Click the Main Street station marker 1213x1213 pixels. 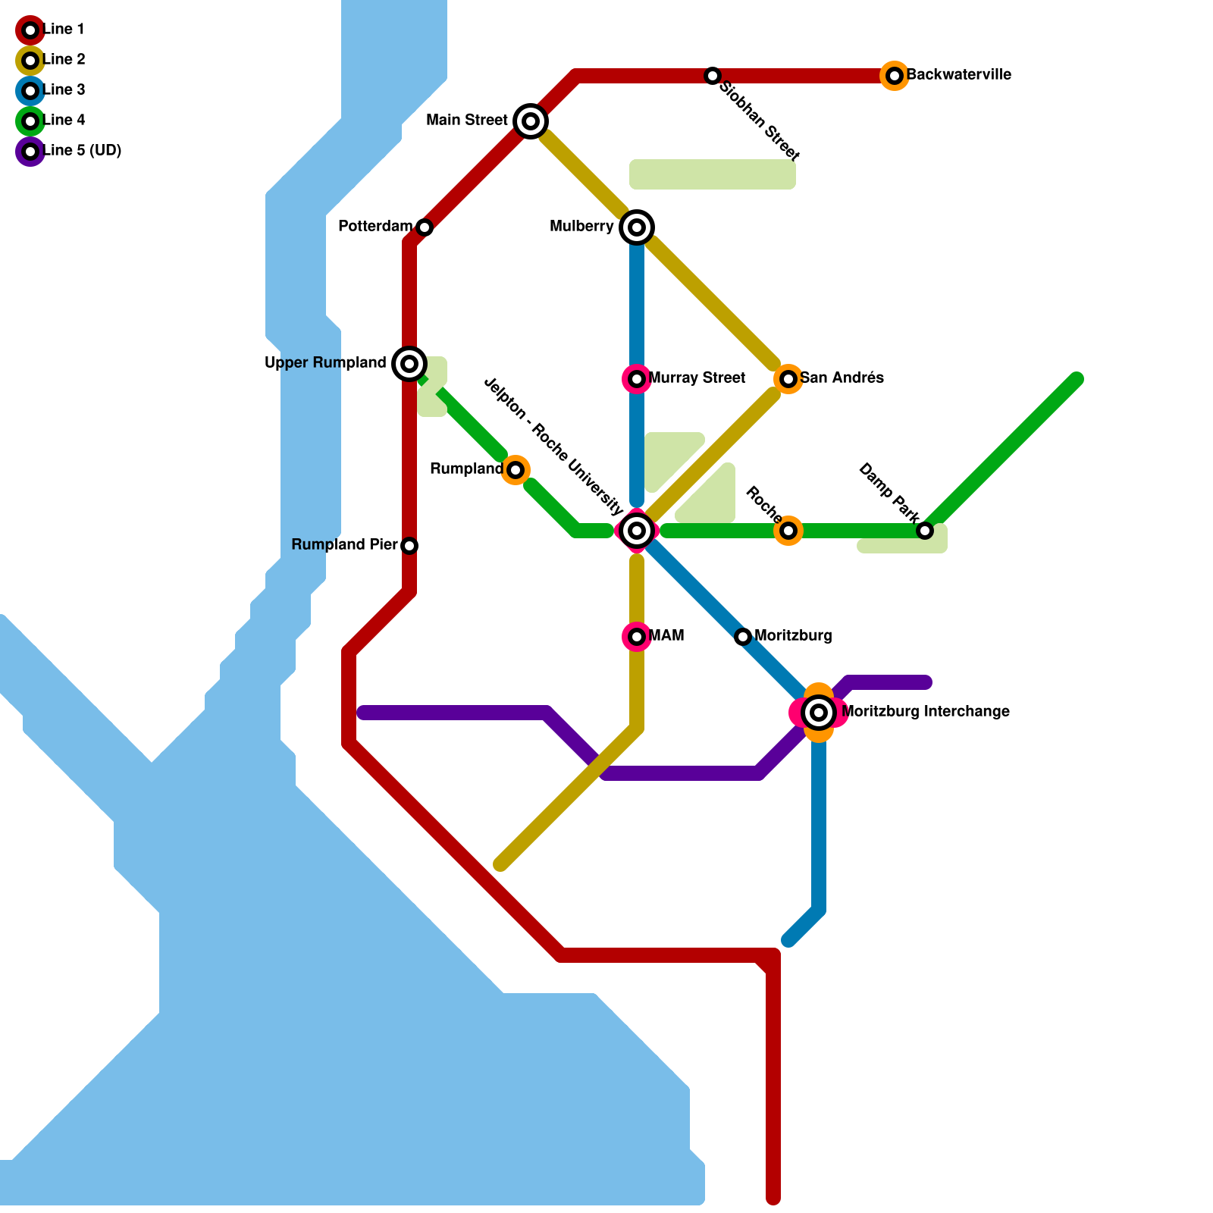[x=531, y=121]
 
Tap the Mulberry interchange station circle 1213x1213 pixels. [x=637, y=227]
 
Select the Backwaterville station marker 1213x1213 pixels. [x=895, y=76]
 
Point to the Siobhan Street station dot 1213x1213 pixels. [x=713, y=76]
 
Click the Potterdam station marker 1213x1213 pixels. [x=425, y=227]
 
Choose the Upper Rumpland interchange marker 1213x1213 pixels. [x=409, y=364]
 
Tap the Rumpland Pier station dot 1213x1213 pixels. [x=409, y=546]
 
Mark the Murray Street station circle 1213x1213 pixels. [x=637, y=379]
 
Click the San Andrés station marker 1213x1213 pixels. [x=788, y=379]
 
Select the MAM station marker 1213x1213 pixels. [x=637, y=637]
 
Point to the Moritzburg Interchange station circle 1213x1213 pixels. [x=819, y=713]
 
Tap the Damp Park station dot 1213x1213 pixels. [x=925, y=531]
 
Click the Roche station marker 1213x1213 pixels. [x=788, y=531]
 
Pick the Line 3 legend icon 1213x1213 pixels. [x=30, y=91]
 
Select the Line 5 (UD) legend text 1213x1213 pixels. [x=83, y=151]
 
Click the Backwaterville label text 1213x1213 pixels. [x=959, y=75]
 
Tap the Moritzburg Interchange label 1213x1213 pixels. [x=926, y=712]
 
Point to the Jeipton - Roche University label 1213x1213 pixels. [x=553, y=447]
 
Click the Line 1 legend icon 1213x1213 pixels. [x=30, y=30]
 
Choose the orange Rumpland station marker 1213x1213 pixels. [x=516, y=470]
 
